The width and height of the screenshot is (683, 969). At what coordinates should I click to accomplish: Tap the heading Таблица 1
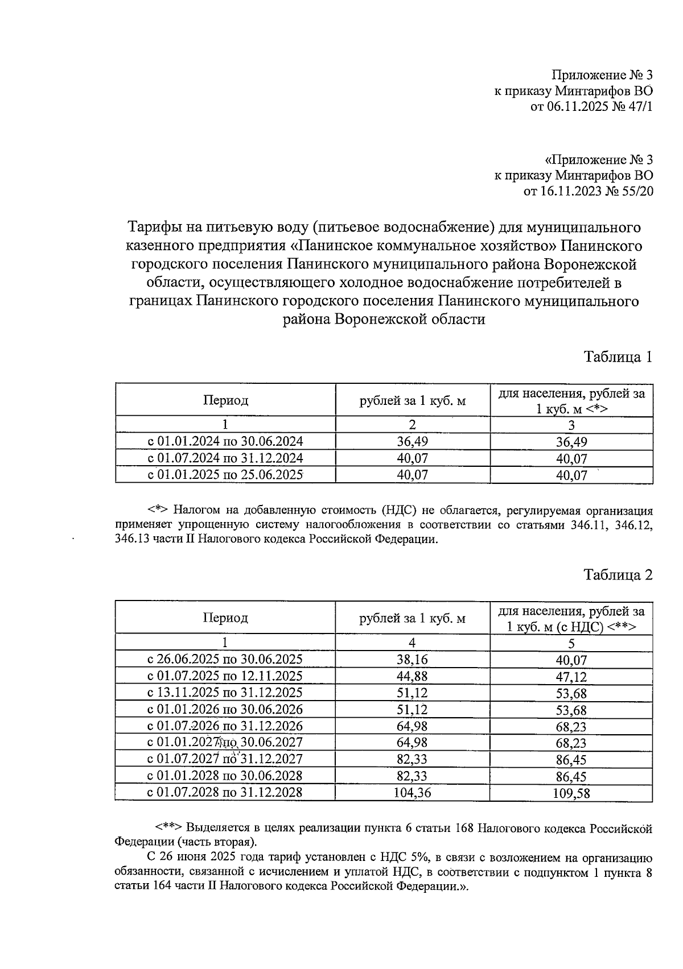(x=618, y=357)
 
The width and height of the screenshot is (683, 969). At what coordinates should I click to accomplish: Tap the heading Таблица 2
(x=618, y=575)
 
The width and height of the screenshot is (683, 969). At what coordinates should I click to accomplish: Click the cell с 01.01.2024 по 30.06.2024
(x=225, y=441)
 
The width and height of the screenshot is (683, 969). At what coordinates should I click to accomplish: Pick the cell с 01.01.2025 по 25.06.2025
(x=225, y=474)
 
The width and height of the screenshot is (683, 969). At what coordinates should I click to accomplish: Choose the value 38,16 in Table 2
(x=412, y=659)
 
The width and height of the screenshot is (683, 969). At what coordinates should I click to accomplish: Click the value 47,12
(x=571, y=677)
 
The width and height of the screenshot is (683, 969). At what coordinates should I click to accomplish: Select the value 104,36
(x=412, y=792)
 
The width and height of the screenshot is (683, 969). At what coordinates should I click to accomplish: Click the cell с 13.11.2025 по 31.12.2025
(x=225, y=692)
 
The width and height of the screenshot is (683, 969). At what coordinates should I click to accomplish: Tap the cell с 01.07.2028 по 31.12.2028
(x=225, y=792)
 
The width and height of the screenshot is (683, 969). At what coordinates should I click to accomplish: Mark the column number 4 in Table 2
(x=412, y=643)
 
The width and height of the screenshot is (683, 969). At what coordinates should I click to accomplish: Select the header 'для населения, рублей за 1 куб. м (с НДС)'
(x=571, y=619)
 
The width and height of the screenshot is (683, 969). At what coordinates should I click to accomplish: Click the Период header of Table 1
(x=225, y=400)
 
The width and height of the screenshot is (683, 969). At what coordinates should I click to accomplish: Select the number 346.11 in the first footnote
(x=587, y=525)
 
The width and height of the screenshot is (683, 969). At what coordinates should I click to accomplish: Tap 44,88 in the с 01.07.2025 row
(x=412, y=676)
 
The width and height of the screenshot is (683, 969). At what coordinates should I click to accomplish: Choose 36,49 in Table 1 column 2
(x=412, y=441)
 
